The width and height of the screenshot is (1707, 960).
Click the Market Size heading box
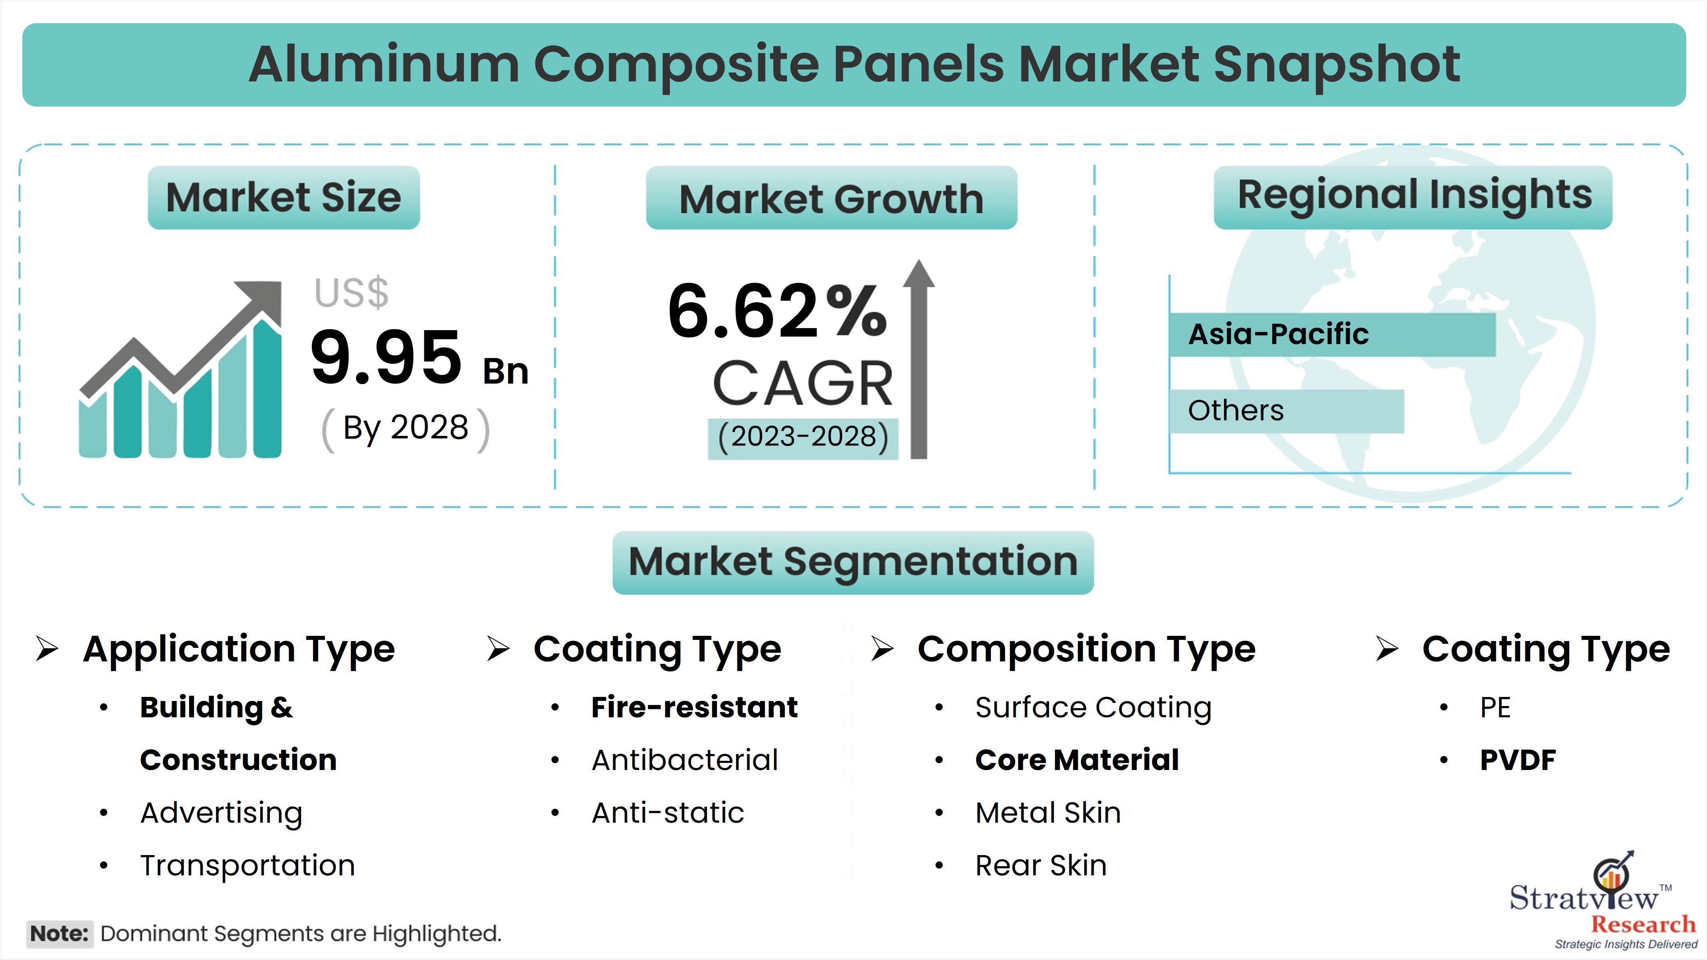(x=283, y=198)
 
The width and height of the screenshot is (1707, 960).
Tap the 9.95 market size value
(x=386, y=358)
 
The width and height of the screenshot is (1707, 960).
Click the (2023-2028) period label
(x=803, y=437)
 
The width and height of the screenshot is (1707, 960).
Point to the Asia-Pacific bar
(x=1333, y=335)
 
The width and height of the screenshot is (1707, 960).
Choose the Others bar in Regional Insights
(x=1287, y=411)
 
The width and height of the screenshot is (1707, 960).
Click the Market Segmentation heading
(x=853, y=562)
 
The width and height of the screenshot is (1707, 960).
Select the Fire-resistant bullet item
(x=695, y=707)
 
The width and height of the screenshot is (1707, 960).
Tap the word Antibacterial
(x=685, y=760)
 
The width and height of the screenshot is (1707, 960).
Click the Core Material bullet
(x=1077, y=760)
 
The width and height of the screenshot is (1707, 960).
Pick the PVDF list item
(x=1517, y=760)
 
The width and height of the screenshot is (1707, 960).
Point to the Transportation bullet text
(x=248, y=866)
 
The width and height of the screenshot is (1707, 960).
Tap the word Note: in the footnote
(x=59, y=934)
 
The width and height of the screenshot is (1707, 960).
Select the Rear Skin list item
(x=1041, y=866)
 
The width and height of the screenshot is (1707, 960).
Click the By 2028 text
(x=406, y=428)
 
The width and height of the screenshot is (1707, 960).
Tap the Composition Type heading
(x=1086, y=649)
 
